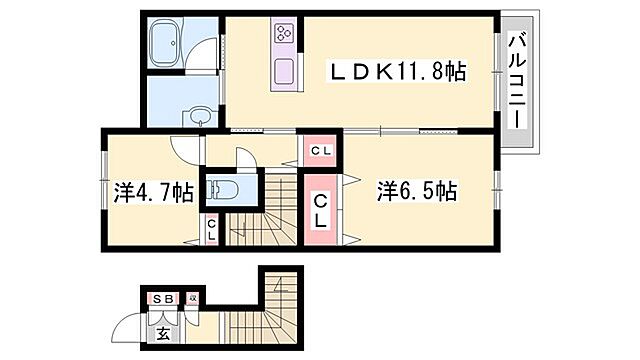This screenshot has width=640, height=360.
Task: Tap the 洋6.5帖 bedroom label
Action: tap(417, 191)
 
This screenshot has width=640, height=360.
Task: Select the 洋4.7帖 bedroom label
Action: tap(153, 193)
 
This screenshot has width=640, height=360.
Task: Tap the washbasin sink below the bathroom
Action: tap(198, 115)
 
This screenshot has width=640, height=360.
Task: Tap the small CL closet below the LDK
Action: tap(321, 151)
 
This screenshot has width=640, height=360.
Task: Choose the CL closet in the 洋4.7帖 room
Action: tap(212, 231)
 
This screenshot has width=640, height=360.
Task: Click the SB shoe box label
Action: tap(161, 299)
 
